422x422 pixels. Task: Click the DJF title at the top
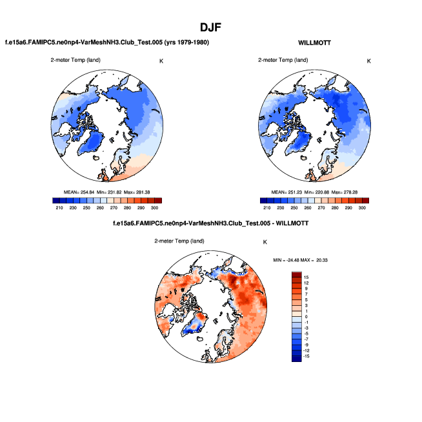click(211, 27)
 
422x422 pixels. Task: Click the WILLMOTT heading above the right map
click(314, 42)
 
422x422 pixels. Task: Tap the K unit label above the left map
click(161, 61)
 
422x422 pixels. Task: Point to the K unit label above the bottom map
click(265, 241)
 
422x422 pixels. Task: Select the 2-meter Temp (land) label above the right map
click(281, 61)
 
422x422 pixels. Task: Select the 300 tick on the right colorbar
click(361, 208)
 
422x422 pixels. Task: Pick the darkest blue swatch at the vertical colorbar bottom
click(296, 358)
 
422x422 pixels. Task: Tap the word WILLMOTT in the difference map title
click(291, 223)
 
